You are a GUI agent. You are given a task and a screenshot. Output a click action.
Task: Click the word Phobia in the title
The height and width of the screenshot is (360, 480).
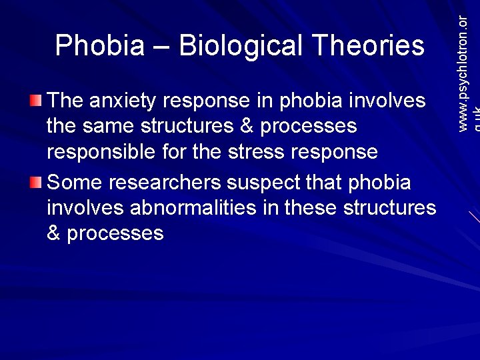[99, 46]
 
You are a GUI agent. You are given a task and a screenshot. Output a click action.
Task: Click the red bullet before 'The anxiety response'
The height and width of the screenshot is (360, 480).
[36, 101]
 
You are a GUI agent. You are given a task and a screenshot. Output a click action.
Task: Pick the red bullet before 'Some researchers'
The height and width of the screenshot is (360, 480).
[36, 182]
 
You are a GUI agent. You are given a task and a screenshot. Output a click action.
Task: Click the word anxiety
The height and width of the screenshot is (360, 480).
[123, 101]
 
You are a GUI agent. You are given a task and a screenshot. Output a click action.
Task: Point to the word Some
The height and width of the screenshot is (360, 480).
[75, 182]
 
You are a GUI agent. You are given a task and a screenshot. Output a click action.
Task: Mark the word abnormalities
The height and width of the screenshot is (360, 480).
[203, 207]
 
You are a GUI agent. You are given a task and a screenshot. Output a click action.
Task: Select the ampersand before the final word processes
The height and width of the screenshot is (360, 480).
[53, 233]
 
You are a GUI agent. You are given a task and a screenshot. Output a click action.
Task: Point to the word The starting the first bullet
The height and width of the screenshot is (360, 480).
[65, 101]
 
